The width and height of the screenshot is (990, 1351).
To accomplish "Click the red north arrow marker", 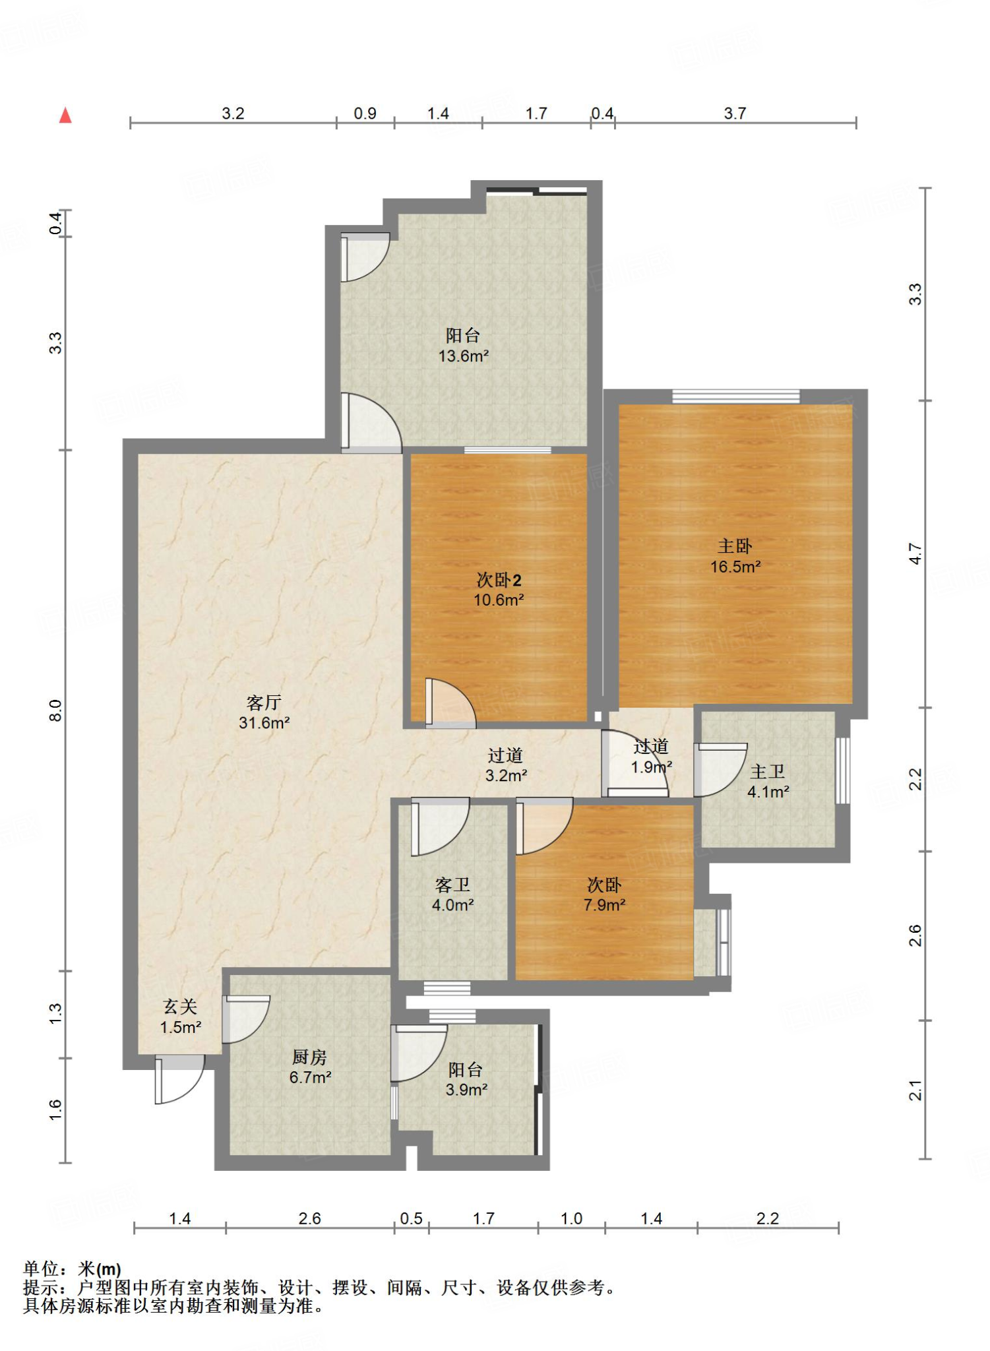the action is tap(65, 115).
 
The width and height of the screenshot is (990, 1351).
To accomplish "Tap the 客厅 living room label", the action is tap(264, 703).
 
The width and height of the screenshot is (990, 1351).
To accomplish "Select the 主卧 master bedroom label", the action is tap(735, 546).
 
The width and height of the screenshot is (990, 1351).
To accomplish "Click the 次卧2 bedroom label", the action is tap(499, 581).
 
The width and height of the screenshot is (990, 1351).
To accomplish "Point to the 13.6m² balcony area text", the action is tap(464, 356).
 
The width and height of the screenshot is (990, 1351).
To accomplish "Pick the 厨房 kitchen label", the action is tap(309, 1057).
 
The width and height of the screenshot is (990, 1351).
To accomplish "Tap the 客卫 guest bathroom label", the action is tap(452, 885).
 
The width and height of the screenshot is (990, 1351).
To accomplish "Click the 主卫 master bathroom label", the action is tap(768, 772).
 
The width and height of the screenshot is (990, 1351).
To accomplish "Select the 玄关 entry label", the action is tap(180, 1007).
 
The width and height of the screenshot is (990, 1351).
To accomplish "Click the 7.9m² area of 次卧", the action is tap(604, 905).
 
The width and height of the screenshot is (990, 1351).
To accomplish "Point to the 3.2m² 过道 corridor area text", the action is tap(506, 776).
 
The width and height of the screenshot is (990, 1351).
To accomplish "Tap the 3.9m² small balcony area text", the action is tap(466, 1090).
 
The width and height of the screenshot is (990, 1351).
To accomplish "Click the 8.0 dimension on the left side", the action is tap(55, 710).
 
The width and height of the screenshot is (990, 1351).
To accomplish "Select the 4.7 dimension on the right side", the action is tap(915, 553).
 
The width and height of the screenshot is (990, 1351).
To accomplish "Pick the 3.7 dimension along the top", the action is tap(735, 113).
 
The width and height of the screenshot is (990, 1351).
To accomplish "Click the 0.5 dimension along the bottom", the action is tap(411, 1218).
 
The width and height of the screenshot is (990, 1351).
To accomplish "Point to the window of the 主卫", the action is tap(842, 770).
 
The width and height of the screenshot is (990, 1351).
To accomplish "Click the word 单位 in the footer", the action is tap(41, 1269).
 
